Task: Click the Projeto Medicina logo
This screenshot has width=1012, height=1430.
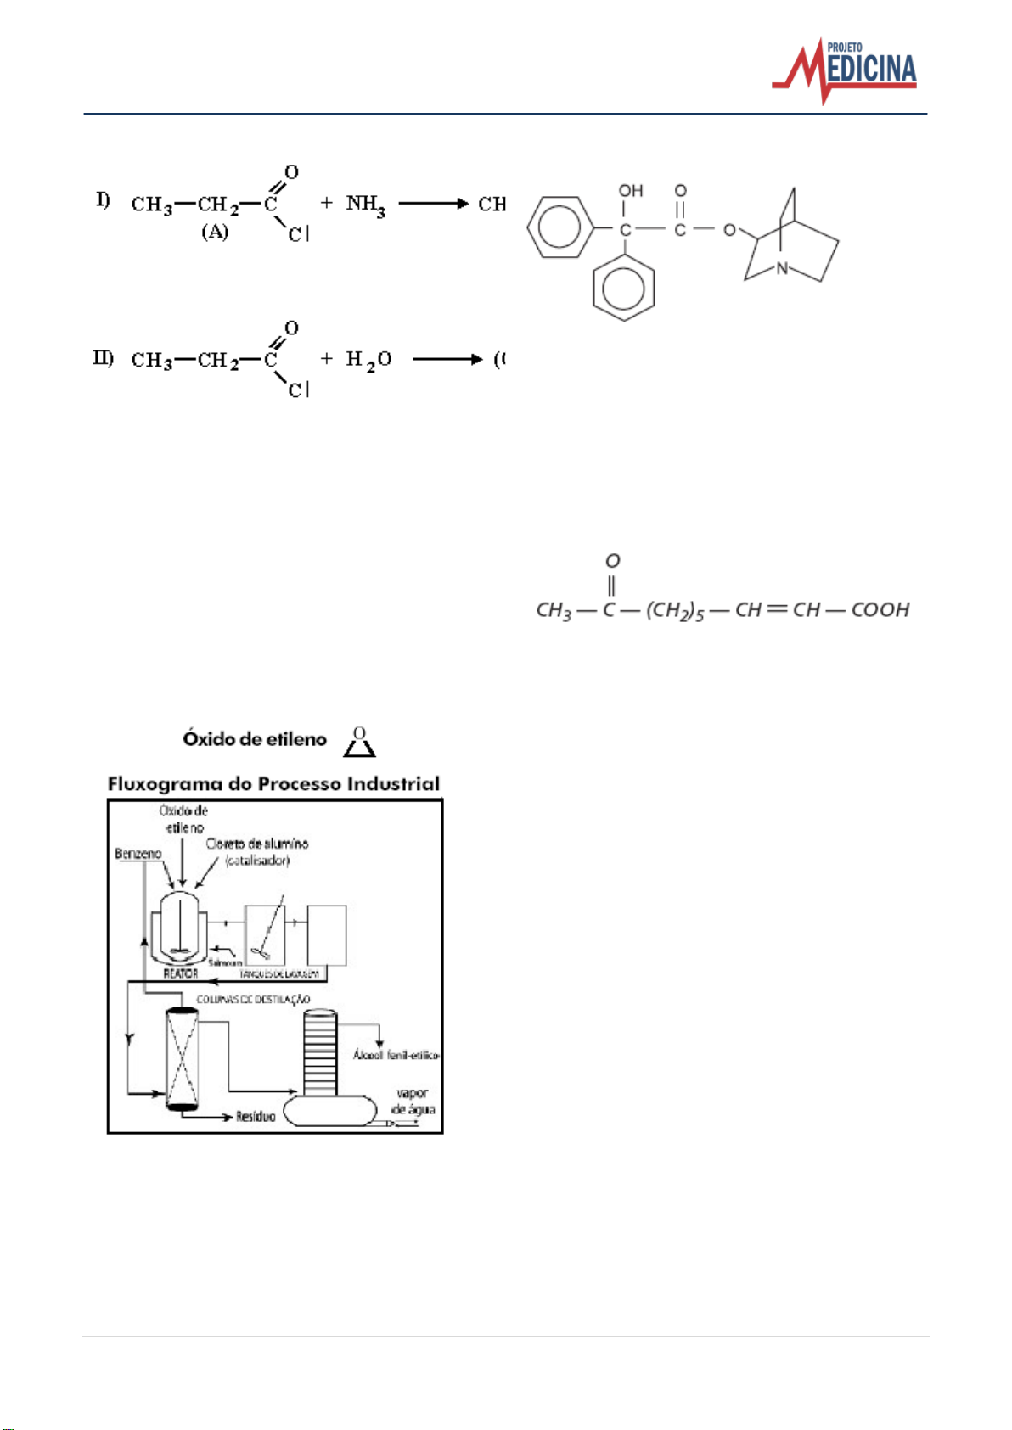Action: (x=845, y=70)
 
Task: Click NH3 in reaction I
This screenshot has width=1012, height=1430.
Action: (x=365, y=205)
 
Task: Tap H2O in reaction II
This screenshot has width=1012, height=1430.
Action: (x=368, y=360)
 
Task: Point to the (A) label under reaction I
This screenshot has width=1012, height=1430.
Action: (x=215, y=232)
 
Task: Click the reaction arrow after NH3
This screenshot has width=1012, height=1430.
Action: (x=433, y=204)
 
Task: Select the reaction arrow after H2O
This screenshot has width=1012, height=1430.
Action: (x=447, y=359)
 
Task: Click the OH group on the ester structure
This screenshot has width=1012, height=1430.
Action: (x=631, y=191)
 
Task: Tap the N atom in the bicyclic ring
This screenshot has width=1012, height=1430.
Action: (x=782, y=268)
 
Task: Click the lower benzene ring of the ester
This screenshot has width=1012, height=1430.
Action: (x=624, y=288)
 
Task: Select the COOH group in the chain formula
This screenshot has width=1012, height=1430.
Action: (x=880, y=610)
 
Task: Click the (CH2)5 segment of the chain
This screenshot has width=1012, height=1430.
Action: (x=675, y=611)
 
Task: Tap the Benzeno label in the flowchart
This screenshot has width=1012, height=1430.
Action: (x=138, y=854)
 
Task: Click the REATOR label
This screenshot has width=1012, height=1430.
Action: (x=180, y=973)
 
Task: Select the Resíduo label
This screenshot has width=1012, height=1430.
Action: (x=256, y=1117)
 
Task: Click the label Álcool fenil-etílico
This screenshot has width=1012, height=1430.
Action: (x=396, y=1055)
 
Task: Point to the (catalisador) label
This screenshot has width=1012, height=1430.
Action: (x=257, y=861)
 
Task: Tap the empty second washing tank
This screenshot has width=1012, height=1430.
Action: (x=327, y=935)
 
